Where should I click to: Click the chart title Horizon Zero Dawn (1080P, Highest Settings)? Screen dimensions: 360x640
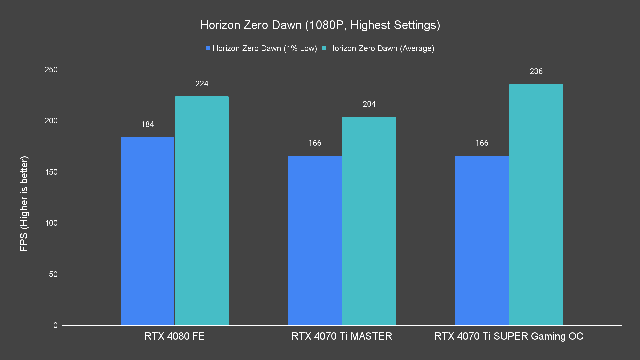(320, 25)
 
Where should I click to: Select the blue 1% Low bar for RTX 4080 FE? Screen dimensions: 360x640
(147, 231)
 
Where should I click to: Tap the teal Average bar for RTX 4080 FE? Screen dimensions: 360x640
(202, 211)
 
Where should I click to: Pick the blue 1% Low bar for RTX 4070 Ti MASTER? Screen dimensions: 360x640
(315, 240)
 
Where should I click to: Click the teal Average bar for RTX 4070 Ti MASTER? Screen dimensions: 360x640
(369, 221)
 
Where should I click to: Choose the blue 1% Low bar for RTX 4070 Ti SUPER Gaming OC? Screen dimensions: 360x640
(482, 240)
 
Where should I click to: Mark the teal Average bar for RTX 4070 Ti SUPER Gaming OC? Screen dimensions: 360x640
(536, 205)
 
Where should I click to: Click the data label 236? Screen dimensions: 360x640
(536, 71)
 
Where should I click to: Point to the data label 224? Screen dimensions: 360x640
(202, 84)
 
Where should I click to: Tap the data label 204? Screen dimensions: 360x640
(369, 104)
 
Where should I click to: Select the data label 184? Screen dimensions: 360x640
(147, 124)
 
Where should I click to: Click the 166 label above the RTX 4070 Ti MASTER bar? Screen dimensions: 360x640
(315, 143)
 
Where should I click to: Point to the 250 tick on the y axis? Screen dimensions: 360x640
(51, 70)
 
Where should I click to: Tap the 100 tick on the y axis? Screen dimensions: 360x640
(51, 223)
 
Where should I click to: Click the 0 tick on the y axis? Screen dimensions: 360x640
(55, 325)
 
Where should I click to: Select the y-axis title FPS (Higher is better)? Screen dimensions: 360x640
(24, 203)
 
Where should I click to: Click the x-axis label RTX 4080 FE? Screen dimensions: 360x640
(174, 336)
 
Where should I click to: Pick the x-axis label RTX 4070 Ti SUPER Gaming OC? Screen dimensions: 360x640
(509, 336)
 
